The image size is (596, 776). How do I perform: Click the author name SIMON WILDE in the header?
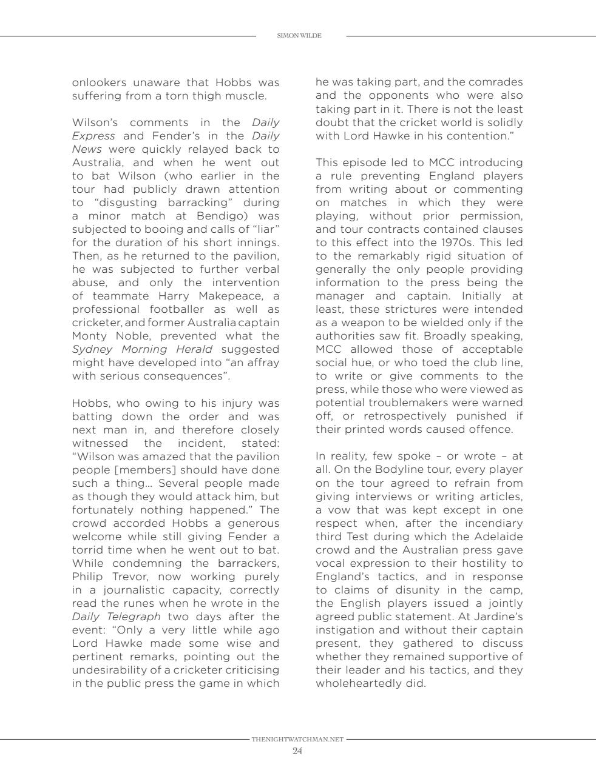pyautogui.click(x=299, y=36)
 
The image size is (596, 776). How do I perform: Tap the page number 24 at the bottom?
pyautogui.click(x=297, y=751)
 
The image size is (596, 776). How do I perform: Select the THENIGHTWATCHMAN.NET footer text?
pyautogui.click(x=297, y=740)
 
